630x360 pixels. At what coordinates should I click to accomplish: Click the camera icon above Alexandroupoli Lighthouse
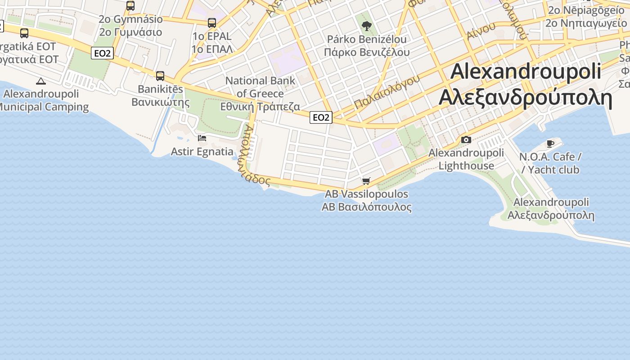[x=466, y=139]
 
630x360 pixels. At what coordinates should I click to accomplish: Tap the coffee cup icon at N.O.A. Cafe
[x=550, y=144]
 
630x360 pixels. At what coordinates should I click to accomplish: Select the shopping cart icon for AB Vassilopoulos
[x=366, y=181]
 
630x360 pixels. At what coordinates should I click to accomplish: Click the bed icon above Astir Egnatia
[x=202, y=138]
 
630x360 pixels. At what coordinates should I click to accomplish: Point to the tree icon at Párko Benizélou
[x=367, y=26]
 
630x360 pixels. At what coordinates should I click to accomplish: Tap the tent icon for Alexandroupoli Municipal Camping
[x=41, y=81]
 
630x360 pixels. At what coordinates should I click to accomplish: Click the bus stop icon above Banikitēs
[x=160, y=76]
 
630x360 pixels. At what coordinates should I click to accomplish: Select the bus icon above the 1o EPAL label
[x=211, y=22]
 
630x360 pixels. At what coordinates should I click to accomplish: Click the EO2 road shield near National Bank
[x=321, y=117]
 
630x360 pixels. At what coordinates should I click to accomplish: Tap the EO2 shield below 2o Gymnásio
[x=102, y=53]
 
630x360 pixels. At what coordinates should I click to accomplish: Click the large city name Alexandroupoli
[x=526, y=71]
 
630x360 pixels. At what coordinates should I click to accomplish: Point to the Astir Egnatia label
[x=202, y=151]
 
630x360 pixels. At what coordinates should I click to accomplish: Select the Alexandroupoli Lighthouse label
[x=466, y=159]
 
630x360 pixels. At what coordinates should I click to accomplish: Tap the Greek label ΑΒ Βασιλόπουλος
[x=366, y=207]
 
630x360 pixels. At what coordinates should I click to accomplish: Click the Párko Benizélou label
[x=367, y=39]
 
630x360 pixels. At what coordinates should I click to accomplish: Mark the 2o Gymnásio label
[x=130, y=19]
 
